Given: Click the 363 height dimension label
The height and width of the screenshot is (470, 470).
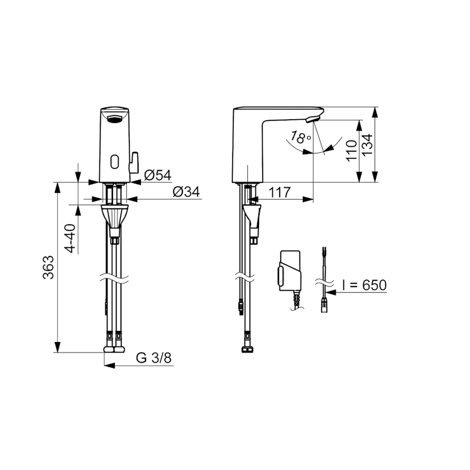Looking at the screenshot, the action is click(48, 267).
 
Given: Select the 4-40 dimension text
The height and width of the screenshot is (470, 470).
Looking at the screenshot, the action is click(71, 238).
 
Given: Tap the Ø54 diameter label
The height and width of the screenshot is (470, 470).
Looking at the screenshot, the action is click(158, 175).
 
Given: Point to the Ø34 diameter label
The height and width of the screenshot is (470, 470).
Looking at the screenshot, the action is click(186, 192).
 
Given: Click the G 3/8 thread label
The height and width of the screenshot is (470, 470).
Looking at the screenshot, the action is click(154, 358).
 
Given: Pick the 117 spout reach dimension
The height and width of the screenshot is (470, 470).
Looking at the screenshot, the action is click(280, 192).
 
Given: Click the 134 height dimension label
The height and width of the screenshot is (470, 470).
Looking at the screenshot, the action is click(367, 144).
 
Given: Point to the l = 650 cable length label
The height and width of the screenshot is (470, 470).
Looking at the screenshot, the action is click(365, 285).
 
